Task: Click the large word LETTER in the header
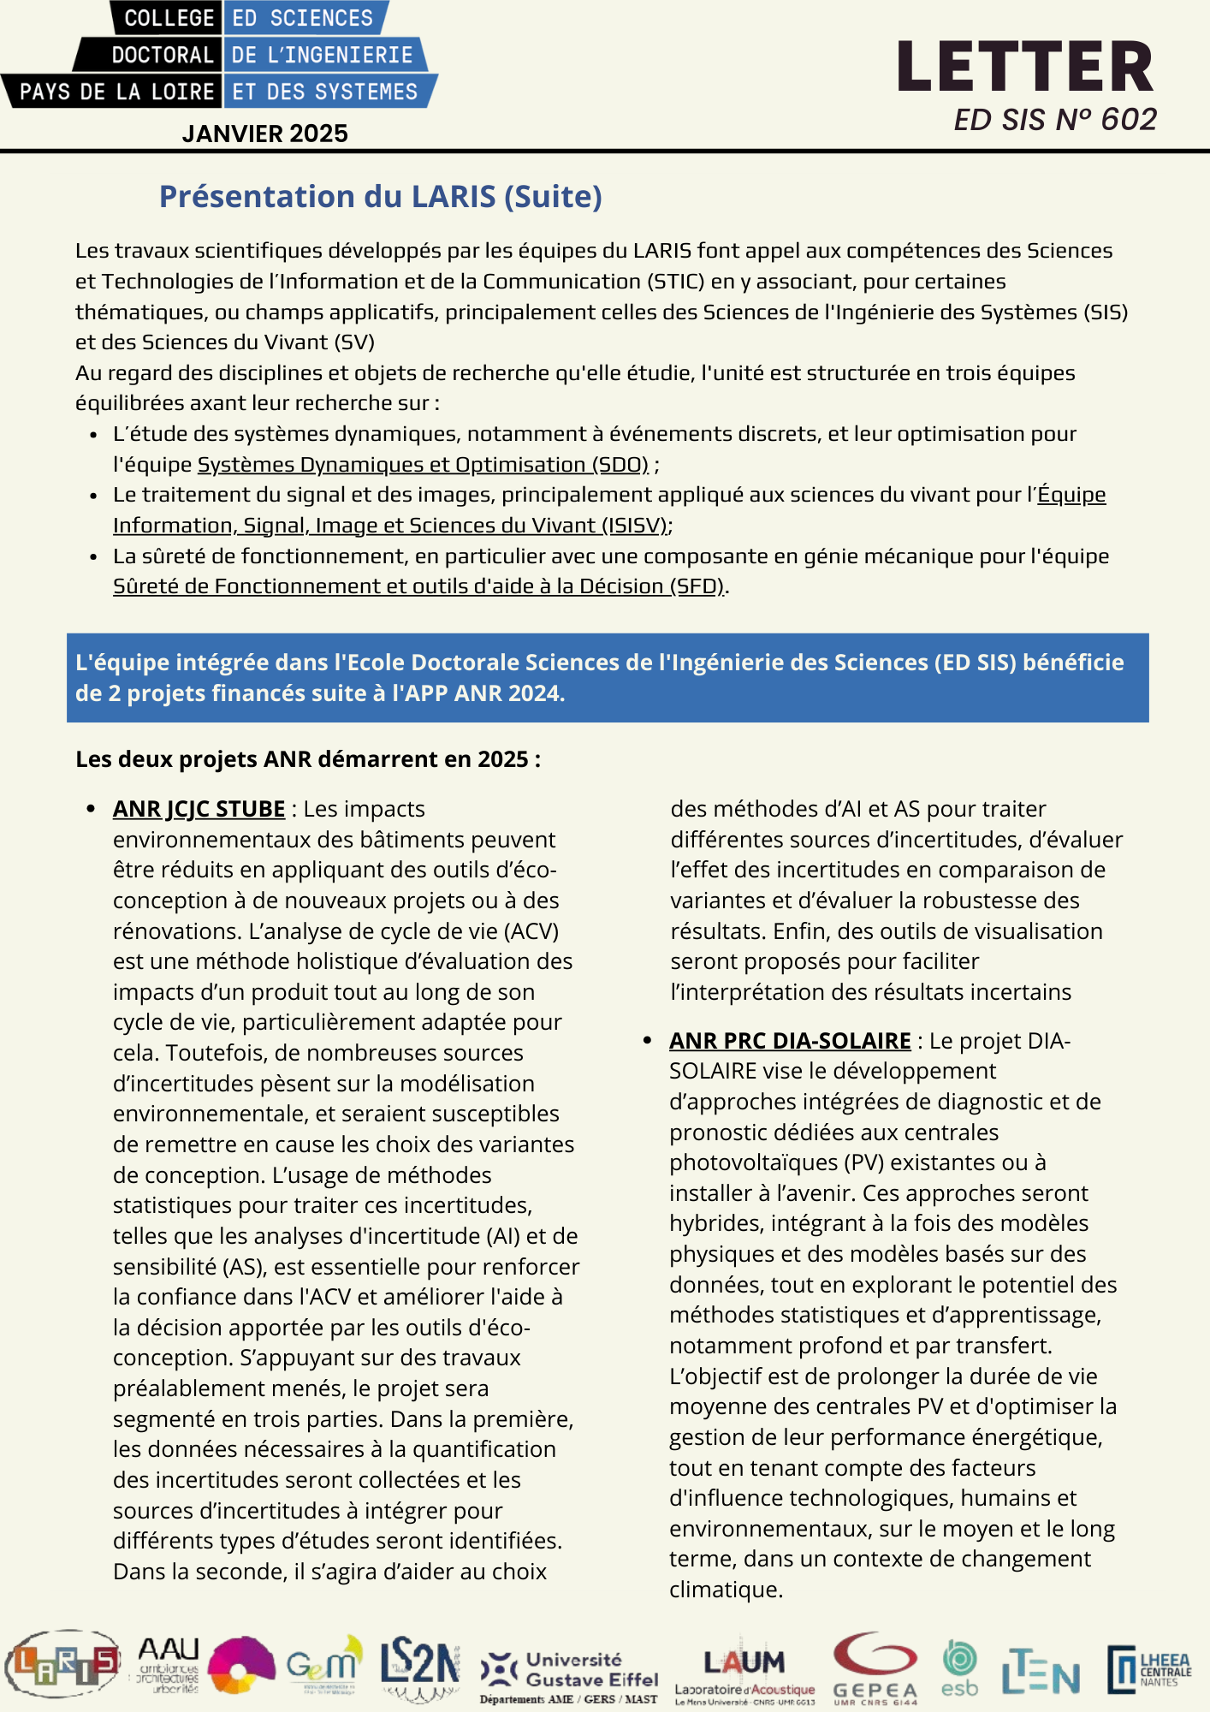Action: (x=1025, y=68)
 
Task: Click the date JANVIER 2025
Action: (x=264, y=134)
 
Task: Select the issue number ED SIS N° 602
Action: (x=1054, y=120)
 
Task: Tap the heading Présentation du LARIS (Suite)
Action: (x=381, y=197)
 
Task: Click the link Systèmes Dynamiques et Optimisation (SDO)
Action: (x=423, y=465)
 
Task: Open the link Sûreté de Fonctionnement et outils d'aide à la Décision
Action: (x=418, y=586)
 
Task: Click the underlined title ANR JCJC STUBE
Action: (x=199, y=809)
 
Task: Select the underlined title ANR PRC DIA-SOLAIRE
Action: (x=790, y=1041)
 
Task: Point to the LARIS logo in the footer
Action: (x=62, y=1664)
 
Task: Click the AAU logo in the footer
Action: (x=169, y=1664)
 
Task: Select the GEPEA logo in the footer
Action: (x=875, y=1666)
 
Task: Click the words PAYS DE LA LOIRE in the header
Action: (x=116, y=92)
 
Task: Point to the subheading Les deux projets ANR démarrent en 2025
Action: (x=308, y=759)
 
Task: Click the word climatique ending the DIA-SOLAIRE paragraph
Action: (x=726, y=1590)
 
